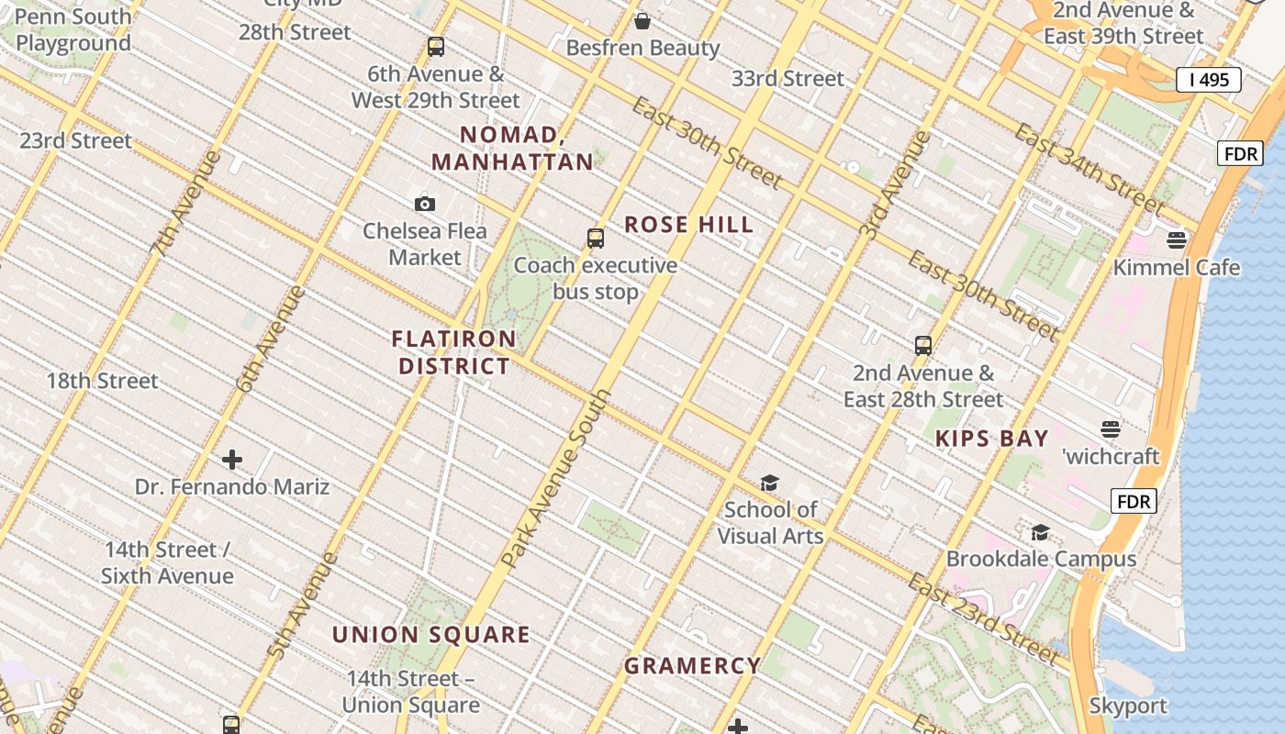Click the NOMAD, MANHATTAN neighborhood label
pos(512,149)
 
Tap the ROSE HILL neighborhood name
pos(688,225)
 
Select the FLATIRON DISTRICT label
pos(454,352)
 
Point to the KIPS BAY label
pos(991,439)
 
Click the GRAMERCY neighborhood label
pos(692,666)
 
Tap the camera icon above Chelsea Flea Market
pos(424,204)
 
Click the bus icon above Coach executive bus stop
pos(596,239)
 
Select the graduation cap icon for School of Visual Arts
pos(769,483)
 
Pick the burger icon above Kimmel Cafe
pos(1177,240)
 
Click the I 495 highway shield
pos(1208,80)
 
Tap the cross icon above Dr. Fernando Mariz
pos(232,459)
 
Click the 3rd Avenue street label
pos(896,186)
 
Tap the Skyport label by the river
pos(1127,706)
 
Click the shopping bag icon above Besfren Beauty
pos(642,21)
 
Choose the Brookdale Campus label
pos(1041,559)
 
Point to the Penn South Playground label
pos(73,29)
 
